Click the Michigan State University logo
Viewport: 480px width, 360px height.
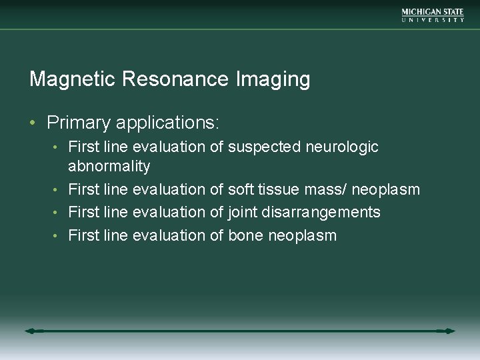(433, 15)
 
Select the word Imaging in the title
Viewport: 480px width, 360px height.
(273, 80)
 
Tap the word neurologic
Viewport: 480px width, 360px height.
(343, 147)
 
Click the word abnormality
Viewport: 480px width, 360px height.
(109, 166)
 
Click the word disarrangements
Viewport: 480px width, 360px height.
(321, 213)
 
